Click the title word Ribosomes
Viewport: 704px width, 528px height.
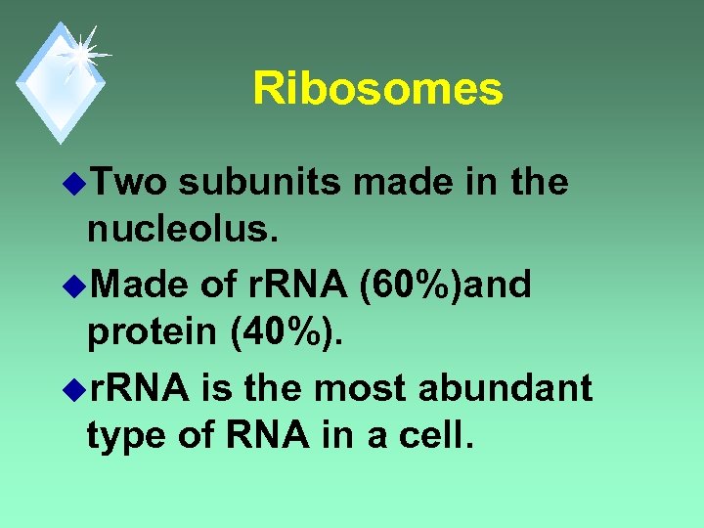tap(377, 89)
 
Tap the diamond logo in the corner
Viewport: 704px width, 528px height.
tap(59, 82)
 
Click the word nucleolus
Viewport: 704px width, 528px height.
tap(172, 233)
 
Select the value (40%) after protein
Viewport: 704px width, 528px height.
tap(286, 336)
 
